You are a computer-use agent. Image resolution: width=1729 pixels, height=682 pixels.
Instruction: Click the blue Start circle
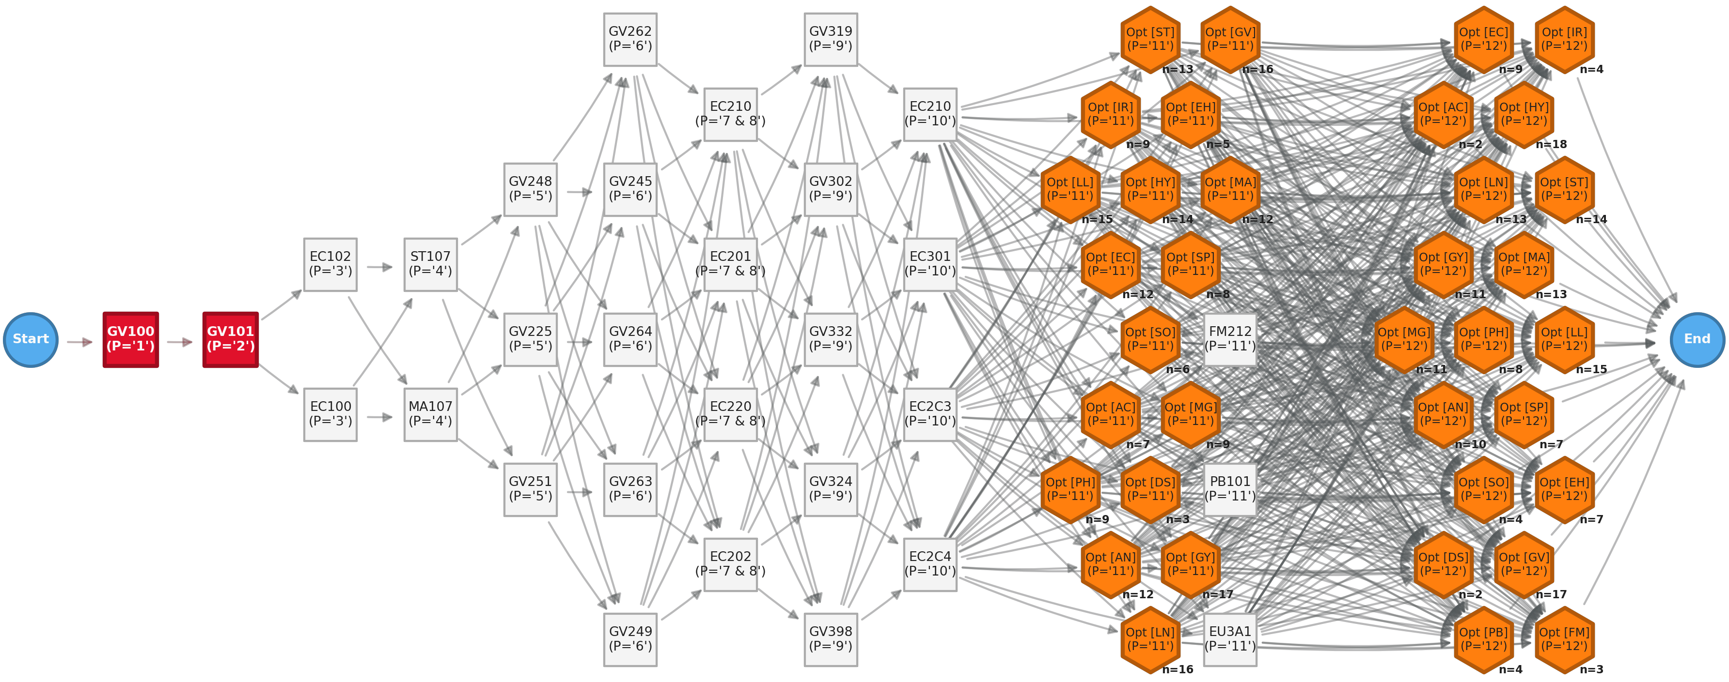pos(31,340)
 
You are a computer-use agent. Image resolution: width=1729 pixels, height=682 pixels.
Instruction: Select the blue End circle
pos(1697,340)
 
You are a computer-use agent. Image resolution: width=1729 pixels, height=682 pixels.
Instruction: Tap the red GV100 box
pos(131,340)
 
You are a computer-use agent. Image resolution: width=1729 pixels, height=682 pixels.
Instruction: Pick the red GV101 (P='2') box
pos(230,340)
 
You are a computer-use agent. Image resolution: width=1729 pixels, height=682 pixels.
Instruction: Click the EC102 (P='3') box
pos(330,265)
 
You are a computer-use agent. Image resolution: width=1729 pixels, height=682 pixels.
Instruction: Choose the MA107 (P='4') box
pos(430,414)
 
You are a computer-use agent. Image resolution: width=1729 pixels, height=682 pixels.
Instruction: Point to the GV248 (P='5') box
pos(530,190)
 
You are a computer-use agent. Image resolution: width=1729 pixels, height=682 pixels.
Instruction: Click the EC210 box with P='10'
pos(930,115)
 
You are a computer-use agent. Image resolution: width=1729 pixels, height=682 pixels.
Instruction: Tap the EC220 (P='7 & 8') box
pos(730,414)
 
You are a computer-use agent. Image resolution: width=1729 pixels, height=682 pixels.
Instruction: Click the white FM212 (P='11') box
pos(1229,340)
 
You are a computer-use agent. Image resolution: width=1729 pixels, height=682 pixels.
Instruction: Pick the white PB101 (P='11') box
pos(1229,489)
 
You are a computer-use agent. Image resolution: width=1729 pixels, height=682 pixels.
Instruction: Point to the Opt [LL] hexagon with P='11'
pos(1070,190)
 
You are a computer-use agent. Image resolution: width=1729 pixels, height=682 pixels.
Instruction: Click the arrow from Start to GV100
pos(80,342)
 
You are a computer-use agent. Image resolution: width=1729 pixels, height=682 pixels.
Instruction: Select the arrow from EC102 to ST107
pos(380,267)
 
